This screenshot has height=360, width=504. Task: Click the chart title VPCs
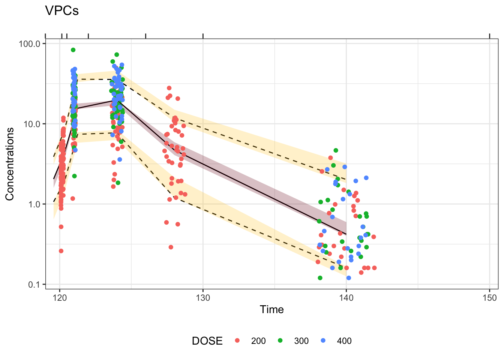[62, 11]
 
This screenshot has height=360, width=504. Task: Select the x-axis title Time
[271, 309]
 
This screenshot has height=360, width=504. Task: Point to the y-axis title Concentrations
[10, 164]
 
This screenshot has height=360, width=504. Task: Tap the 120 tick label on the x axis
[60, 298]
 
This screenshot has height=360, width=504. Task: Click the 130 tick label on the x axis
[203, 298]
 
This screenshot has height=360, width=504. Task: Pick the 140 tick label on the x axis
[346, 298]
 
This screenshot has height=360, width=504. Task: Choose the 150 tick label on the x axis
[489, 298]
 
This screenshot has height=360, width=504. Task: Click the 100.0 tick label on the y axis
[29, 43]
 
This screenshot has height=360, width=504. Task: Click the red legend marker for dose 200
[237, 340]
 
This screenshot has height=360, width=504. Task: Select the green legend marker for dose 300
[280, 340]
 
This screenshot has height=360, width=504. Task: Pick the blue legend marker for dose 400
[323, 340]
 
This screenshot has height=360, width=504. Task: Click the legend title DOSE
[207, 341]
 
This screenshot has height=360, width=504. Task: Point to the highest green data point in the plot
[73, 50]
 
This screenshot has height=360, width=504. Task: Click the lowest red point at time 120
[61, 251]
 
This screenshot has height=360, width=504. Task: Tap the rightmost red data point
[374, 268]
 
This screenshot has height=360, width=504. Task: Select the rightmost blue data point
[366, 178]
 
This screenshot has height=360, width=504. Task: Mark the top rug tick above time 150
[489, 36]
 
